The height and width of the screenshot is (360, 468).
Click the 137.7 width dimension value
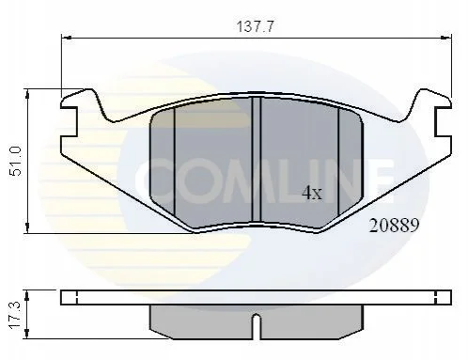(x=256, y=26)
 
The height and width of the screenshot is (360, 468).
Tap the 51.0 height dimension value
(x=16, y=161)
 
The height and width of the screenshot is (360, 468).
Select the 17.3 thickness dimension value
(x=15, y=315)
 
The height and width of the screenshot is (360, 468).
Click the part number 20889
(x=394, y=226)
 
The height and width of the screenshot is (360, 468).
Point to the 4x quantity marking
(x=312, y=193)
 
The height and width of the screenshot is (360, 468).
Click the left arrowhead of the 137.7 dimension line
(x=67, y=38)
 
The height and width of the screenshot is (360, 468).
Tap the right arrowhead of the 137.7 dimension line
(x=446, y=38)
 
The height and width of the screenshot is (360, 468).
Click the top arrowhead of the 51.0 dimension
(x=27, y=94)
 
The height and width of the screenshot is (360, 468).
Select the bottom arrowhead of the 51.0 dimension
(x=27, y=228)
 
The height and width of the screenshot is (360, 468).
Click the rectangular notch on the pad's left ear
(x=70, y=121)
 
